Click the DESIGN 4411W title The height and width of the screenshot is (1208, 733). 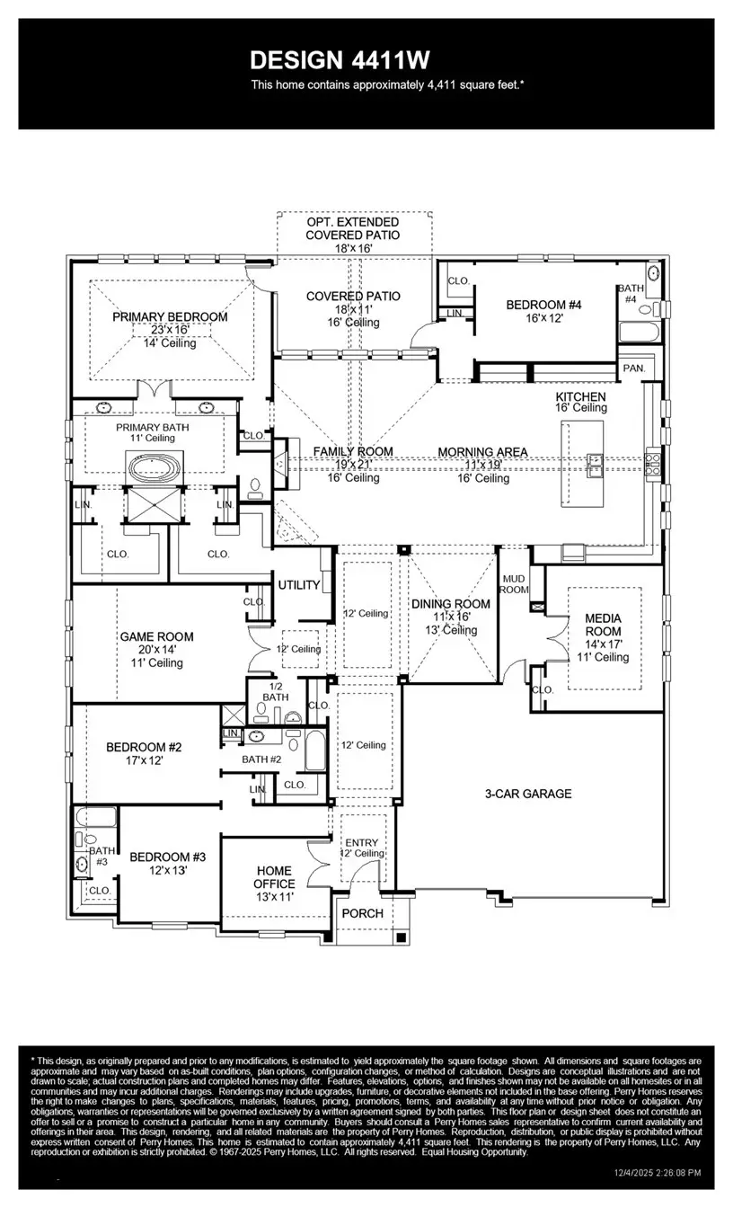[340, 60]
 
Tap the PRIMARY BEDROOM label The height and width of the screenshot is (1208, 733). [170, 317]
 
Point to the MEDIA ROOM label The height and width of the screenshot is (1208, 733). [603, 625]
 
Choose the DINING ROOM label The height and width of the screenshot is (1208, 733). [451, 604]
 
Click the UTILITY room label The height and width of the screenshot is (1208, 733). [299, 585]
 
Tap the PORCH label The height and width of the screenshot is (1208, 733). [364, 913]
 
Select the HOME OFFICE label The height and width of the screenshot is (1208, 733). [274, 877]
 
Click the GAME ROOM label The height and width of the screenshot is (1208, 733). [157, 636]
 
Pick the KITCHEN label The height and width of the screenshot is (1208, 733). [580, 396]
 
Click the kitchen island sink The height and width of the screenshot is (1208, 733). [595, 462]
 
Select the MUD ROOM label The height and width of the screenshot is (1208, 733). [514, 584]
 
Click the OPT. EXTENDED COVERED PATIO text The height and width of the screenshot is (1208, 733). [352, 228]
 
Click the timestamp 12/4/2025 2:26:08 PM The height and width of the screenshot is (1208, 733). [657, 1173]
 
